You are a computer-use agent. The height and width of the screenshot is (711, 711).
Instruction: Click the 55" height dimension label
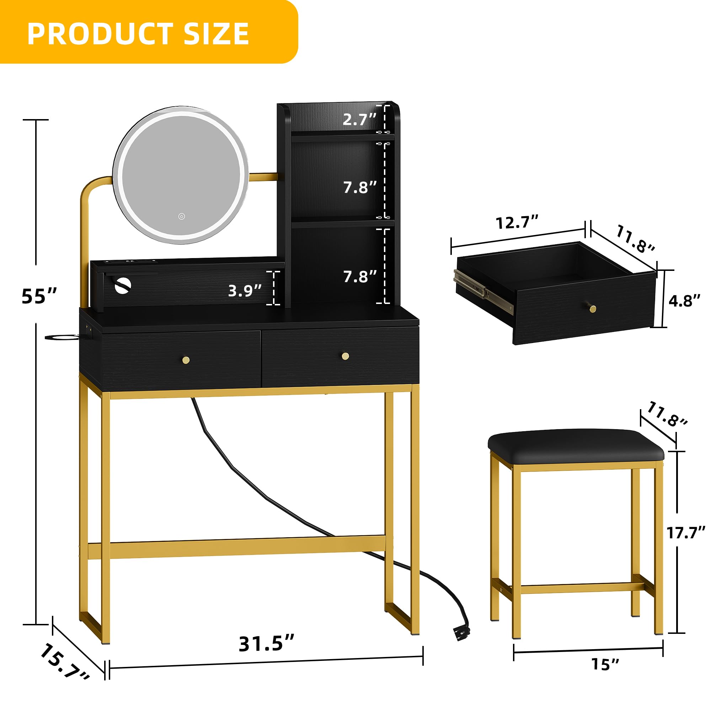(x=39, y=296)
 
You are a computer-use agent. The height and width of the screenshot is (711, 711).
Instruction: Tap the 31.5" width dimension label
(x=266, y=644)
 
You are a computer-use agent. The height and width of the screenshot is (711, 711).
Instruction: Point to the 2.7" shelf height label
(x=359, y=119)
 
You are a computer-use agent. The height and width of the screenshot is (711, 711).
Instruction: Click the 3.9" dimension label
(x=245, y=291)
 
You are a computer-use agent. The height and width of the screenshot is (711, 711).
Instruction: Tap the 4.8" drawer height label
(x=684, y=301)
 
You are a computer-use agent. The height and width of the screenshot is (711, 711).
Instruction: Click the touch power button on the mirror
(x=181, y=216)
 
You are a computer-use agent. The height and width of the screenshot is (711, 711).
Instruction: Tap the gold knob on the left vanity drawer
(x=186, y=359)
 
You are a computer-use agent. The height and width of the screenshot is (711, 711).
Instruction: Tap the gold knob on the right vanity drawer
(x=345, y=356)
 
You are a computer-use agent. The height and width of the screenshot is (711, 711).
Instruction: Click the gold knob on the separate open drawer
(x=593, y=308)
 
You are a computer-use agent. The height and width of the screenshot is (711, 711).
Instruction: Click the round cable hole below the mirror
(x=123, y=286)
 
